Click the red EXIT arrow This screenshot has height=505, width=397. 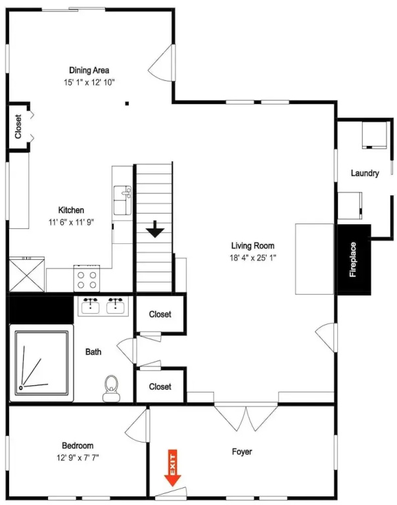173,468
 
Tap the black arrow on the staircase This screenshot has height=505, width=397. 155,229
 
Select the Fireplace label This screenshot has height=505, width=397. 353,260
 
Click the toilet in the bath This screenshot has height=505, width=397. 111,389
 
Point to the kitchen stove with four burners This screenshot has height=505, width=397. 87,278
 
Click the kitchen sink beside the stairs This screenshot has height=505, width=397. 122,200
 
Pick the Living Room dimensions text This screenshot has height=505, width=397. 253,258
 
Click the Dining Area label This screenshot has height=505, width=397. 89,70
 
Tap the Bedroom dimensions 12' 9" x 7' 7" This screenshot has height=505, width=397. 78,458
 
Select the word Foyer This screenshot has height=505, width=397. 242,452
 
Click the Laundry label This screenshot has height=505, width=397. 365,174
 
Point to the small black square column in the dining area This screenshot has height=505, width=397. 127,103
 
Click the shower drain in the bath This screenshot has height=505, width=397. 21,388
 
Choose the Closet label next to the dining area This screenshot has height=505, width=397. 18,126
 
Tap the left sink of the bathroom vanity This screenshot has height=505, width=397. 91,306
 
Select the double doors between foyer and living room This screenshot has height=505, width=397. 246,417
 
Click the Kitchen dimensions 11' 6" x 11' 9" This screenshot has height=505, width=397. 71,222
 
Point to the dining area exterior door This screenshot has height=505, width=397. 162,62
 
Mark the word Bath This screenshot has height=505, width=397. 93,352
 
